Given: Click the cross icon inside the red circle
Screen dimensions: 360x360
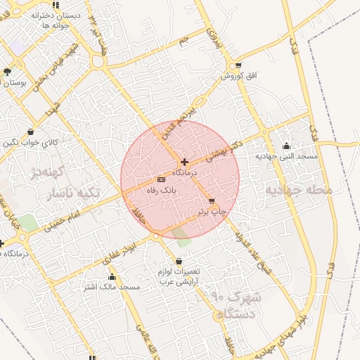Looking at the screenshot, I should tap(184, 162).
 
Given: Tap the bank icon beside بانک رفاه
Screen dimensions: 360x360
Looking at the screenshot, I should tap(161, 180).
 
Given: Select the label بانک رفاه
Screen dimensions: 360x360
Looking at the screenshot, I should tap(161, 190).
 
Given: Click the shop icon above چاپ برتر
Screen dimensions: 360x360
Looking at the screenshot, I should tap(212, 201).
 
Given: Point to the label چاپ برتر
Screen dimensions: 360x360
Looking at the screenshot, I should tap(212, 210).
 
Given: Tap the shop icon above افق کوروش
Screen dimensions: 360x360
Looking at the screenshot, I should tap(239, 65).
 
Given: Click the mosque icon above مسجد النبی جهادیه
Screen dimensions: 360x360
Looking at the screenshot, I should tap(286, 146).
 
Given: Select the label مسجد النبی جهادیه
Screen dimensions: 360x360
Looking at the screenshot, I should tap(286, 156).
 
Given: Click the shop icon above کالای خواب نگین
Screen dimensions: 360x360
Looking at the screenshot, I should tap(30, 131).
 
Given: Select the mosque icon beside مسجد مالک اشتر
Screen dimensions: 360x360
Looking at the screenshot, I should tap(112, 277).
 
